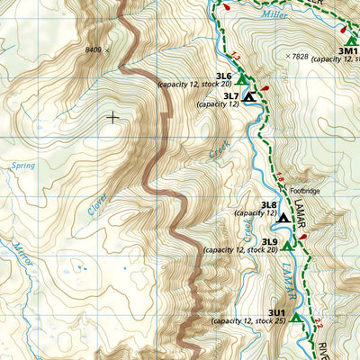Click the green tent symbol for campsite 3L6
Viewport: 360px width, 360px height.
click(241, 80)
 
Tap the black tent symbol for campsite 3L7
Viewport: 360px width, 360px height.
click(250, 96)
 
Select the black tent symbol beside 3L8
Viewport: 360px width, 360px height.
click(283, 217)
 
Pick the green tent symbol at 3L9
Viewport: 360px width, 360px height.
click(286, 245)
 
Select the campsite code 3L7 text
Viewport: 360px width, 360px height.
click(230, 96)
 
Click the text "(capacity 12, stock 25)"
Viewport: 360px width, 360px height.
click(248, 321)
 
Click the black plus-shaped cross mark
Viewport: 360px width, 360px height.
click(112, 117)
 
